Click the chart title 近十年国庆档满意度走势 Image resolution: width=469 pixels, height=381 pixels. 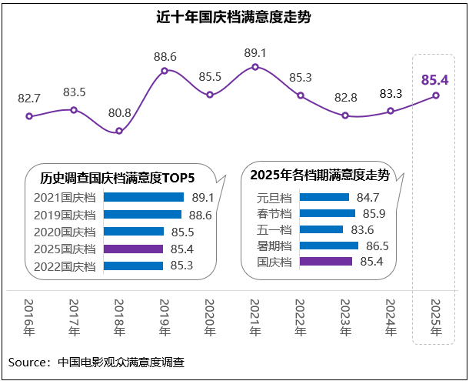(x=234, y=16)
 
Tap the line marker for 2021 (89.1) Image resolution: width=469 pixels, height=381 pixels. (x=255, y=67)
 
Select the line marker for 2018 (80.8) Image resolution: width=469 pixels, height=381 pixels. (x=119, y=132)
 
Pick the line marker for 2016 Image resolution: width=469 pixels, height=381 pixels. (x=29, y=116)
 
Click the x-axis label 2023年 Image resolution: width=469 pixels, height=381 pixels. (x=345, y=318)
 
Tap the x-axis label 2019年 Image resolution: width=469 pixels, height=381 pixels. (x=165, y=318)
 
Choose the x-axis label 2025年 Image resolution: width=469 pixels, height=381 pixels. (x=436, y=318)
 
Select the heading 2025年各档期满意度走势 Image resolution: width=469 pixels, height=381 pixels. (x=319, y=175)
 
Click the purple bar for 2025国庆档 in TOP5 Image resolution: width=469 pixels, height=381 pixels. (x=133, y=249)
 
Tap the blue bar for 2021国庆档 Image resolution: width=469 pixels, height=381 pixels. (x=143, y=197)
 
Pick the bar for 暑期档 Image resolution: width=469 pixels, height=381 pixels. (x=328, y=246)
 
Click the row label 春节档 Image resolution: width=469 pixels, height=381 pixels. (x=273, y=213)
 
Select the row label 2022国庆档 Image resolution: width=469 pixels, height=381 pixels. (x=65, y=266)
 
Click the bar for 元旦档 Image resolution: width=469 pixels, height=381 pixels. (x=324, y=197)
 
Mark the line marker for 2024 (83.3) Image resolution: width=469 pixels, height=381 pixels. (x=391, y=111)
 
